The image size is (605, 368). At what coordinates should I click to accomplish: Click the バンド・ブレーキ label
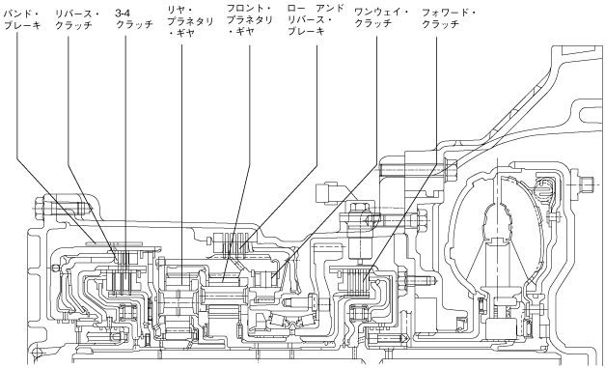click(22, 19)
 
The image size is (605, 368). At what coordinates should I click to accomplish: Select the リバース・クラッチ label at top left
click(77, 19)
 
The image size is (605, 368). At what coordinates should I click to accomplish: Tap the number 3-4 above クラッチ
click(123, 13)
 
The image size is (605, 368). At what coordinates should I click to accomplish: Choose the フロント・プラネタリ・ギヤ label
click(249, 19)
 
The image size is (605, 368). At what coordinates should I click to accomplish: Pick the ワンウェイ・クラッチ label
click(382, 17)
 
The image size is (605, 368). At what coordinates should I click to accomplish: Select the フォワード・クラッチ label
click(449, 18)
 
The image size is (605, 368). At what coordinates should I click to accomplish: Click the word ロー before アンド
click(297, 8)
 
